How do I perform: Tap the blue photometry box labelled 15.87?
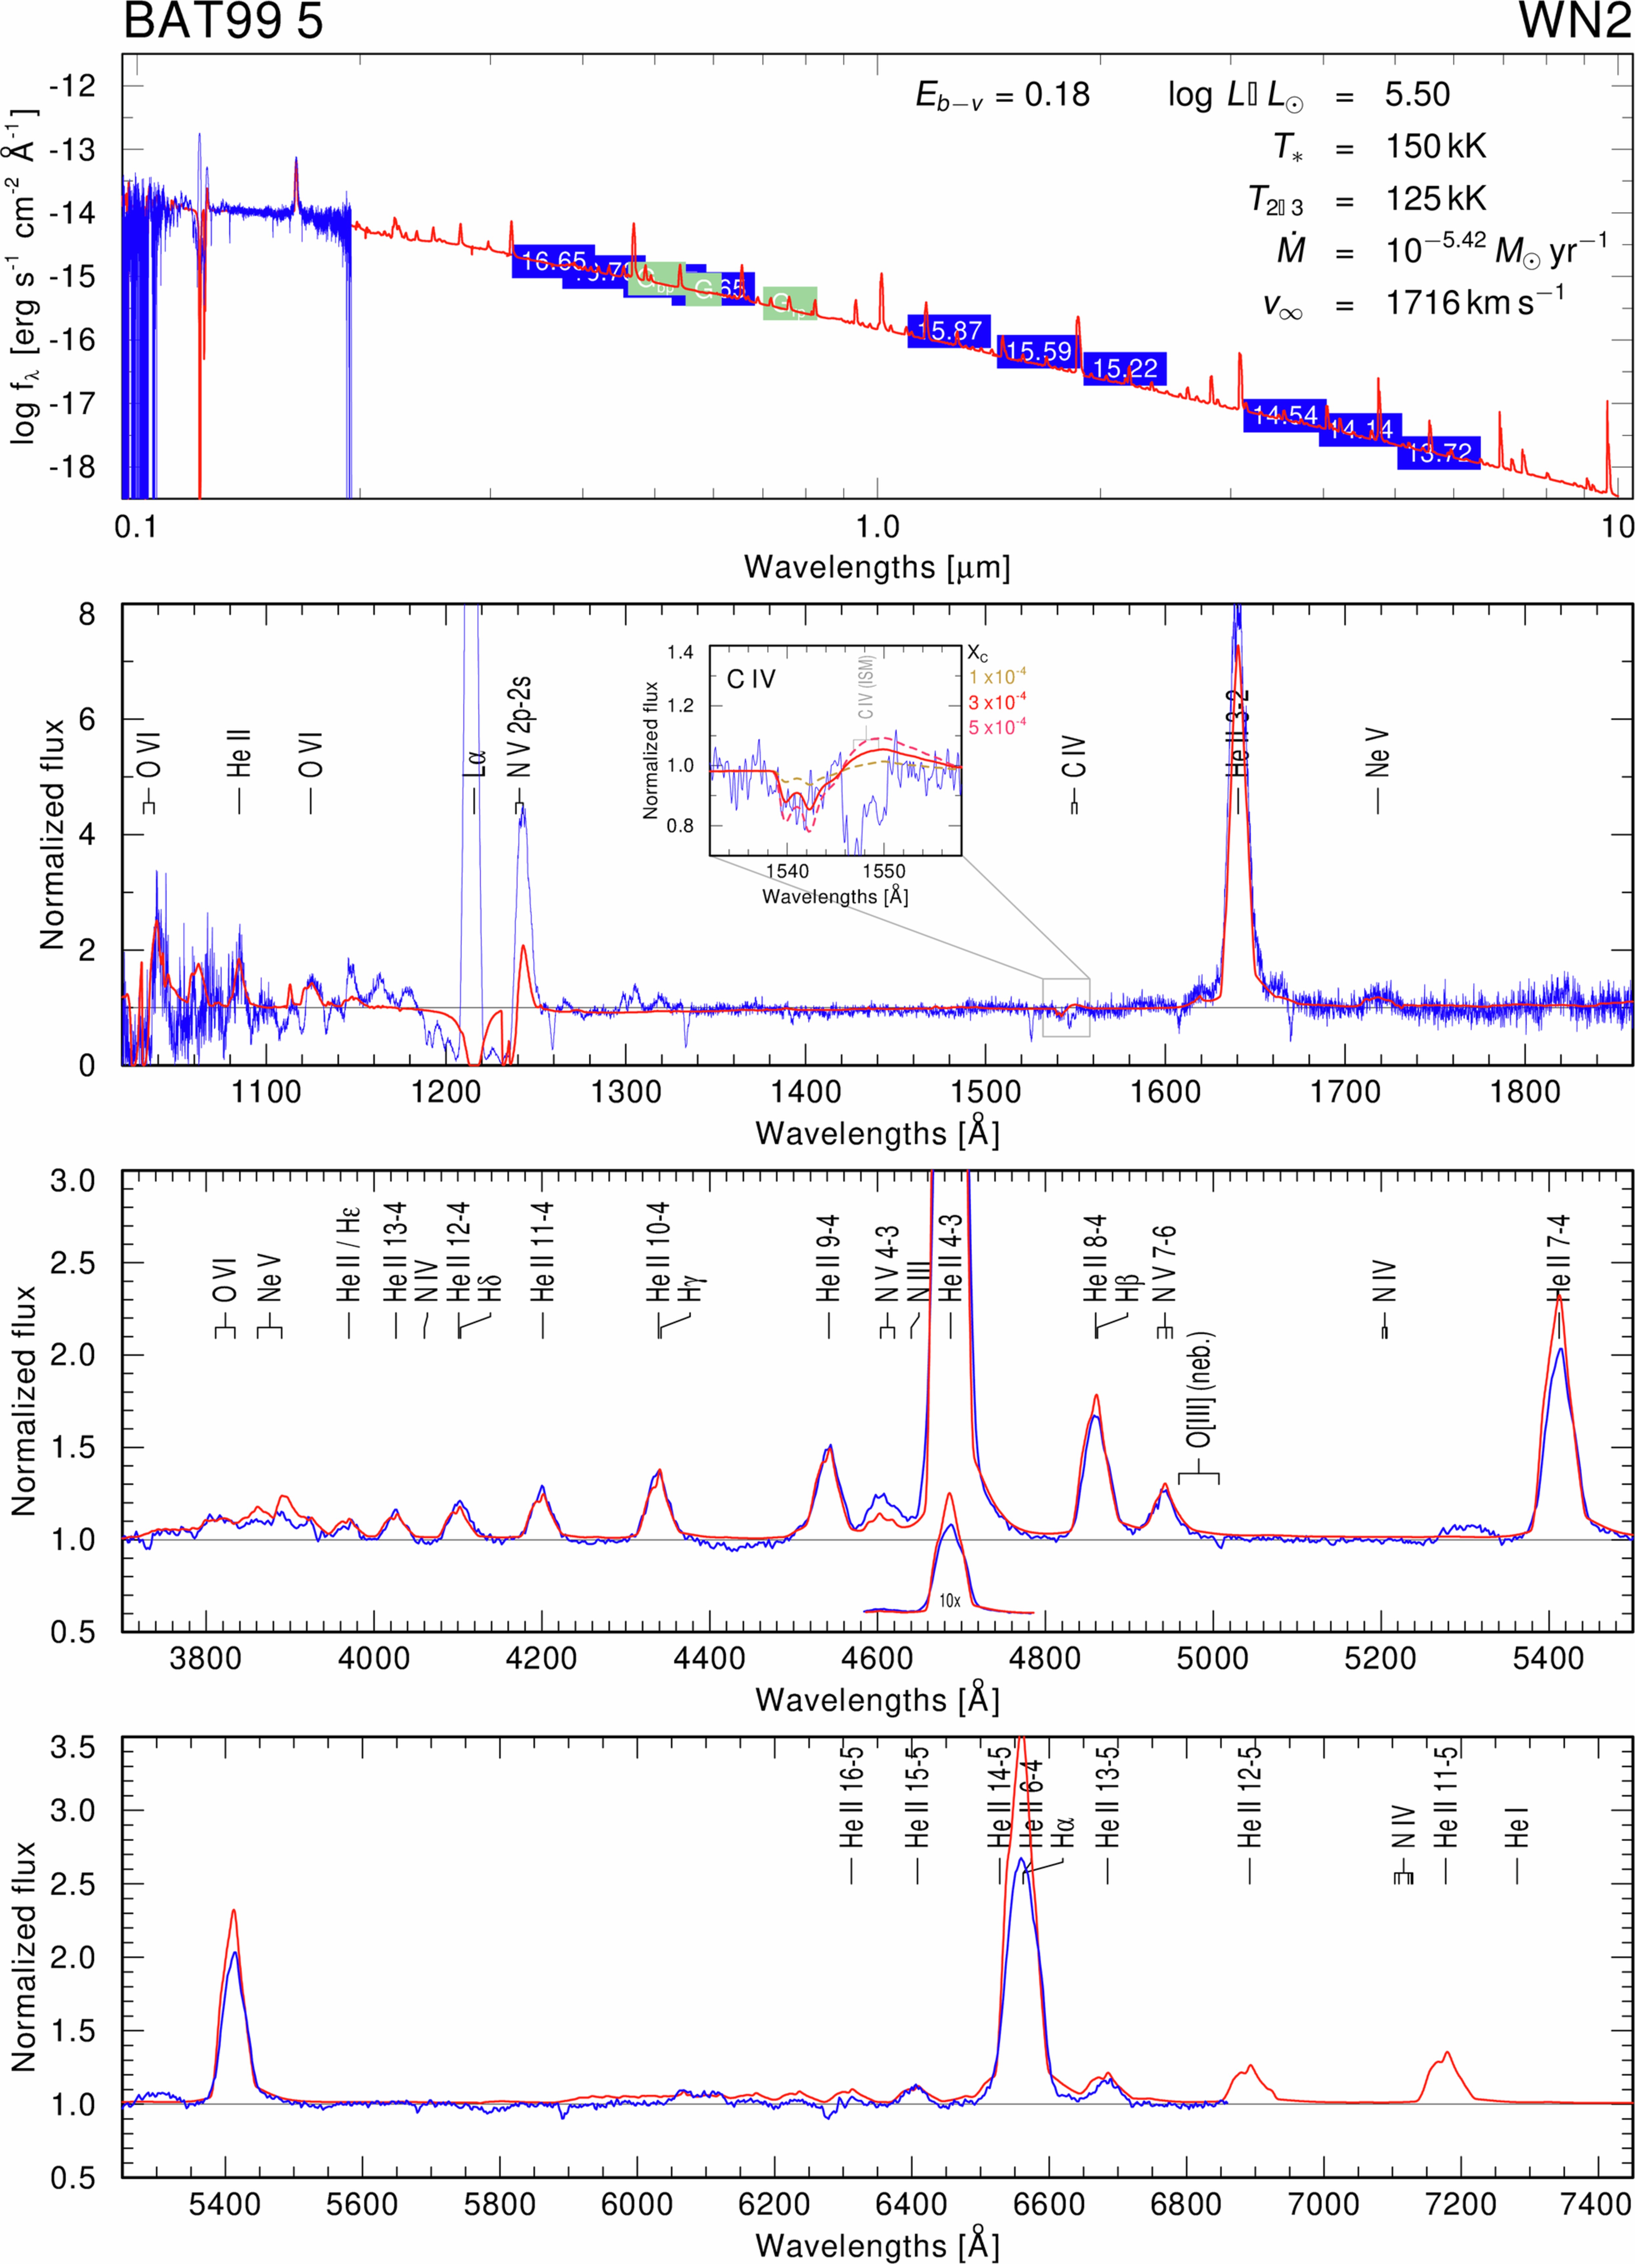(x=948, y=330)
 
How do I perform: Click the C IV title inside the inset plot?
(x=751, y=680)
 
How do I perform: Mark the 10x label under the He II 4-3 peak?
(x=949, y=1601)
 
